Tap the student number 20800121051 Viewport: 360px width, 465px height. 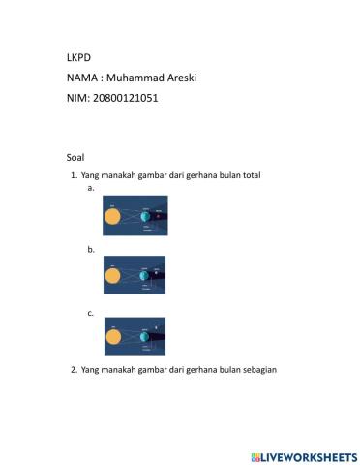click(x=123, y=98)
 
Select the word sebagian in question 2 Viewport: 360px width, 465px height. click(x=258, y=369)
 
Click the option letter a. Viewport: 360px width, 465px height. click(x=91, y=188)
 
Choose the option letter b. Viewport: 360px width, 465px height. click(x=91, y=249)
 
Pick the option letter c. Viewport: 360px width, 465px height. click(x=91, y=312)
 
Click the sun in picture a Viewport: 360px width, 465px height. click(x=113, y=216)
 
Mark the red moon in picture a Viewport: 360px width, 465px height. click(x=158, y=216)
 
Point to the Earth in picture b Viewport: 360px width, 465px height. click(x=144, y=276)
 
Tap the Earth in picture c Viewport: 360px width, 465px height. click(x=144, y=336)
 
